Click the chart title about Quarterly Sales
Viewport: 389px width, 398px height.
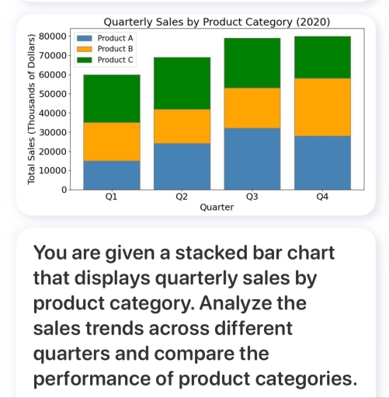[216, 19]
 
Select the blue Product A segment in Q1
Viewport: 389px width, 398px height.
[112, 175]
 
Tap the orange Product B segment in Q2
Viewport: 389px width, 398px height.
[182, 126]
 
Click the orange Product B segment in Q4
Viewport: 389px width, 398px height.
[322, 106]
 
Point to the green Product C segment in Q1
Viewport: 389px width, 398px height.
[112, 98]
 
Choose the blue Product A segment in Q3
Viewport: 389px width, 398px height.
[252, 159]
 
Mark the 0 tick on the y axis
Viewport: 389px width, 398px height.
[63, 190]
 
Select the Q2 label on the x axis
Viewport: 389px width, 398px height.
[182, 198]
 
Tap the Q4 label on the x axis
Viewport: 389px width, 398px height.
[322, 198]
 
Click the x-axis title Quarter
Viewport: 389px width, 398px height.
[217, 209]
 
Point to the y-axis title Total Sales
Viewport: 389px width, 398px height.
[32, 109]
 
